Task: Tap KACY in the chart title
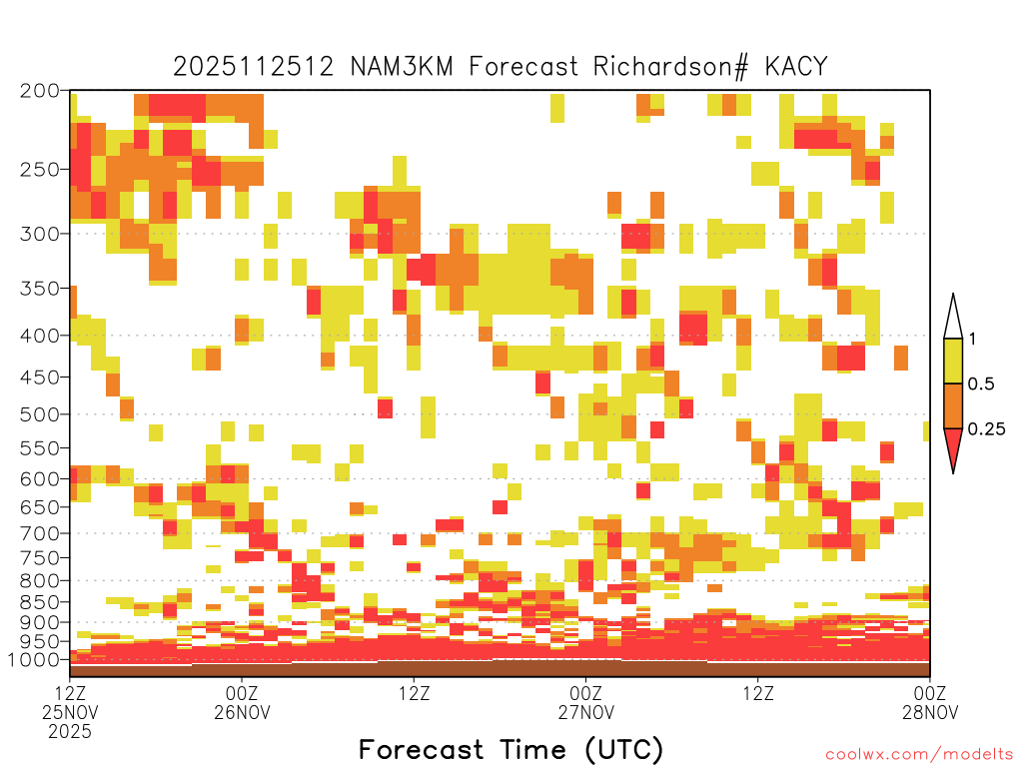(796, 67)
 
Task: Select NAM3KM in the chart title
(402, 67)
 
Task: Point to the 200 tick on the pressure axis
(40, 91)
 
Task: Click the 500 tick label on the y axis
(40, 414)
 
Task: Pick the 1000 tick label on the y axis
(33, 660)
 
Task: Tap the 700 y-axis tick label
(40, 533)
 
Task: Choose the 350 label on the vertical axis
(40, 289)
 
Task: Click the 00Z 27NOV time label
(585, 702)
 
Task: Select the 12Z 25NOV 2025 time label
(70, 712)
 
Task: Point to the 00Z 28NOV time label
(930, 702)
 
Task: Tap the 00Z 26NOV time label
(242, 702)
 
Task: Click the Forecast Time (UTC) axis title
(511, 750)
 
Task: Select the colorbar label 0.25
(986, 429)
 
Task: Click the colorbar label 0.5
(981, 383)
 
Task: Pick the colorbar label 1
(972, 339)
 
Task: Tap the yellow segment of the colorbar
(953, 361)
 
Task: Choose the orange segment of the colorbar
(953, 405)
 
